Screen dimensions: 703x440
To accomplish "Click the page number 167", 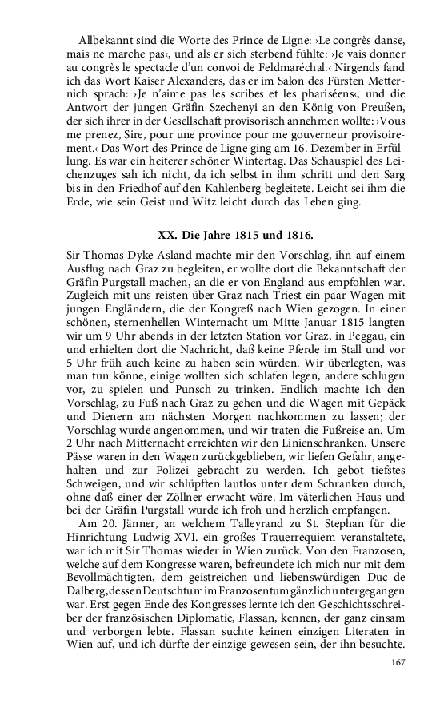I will pyautogui.click(x=398, y=662).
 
